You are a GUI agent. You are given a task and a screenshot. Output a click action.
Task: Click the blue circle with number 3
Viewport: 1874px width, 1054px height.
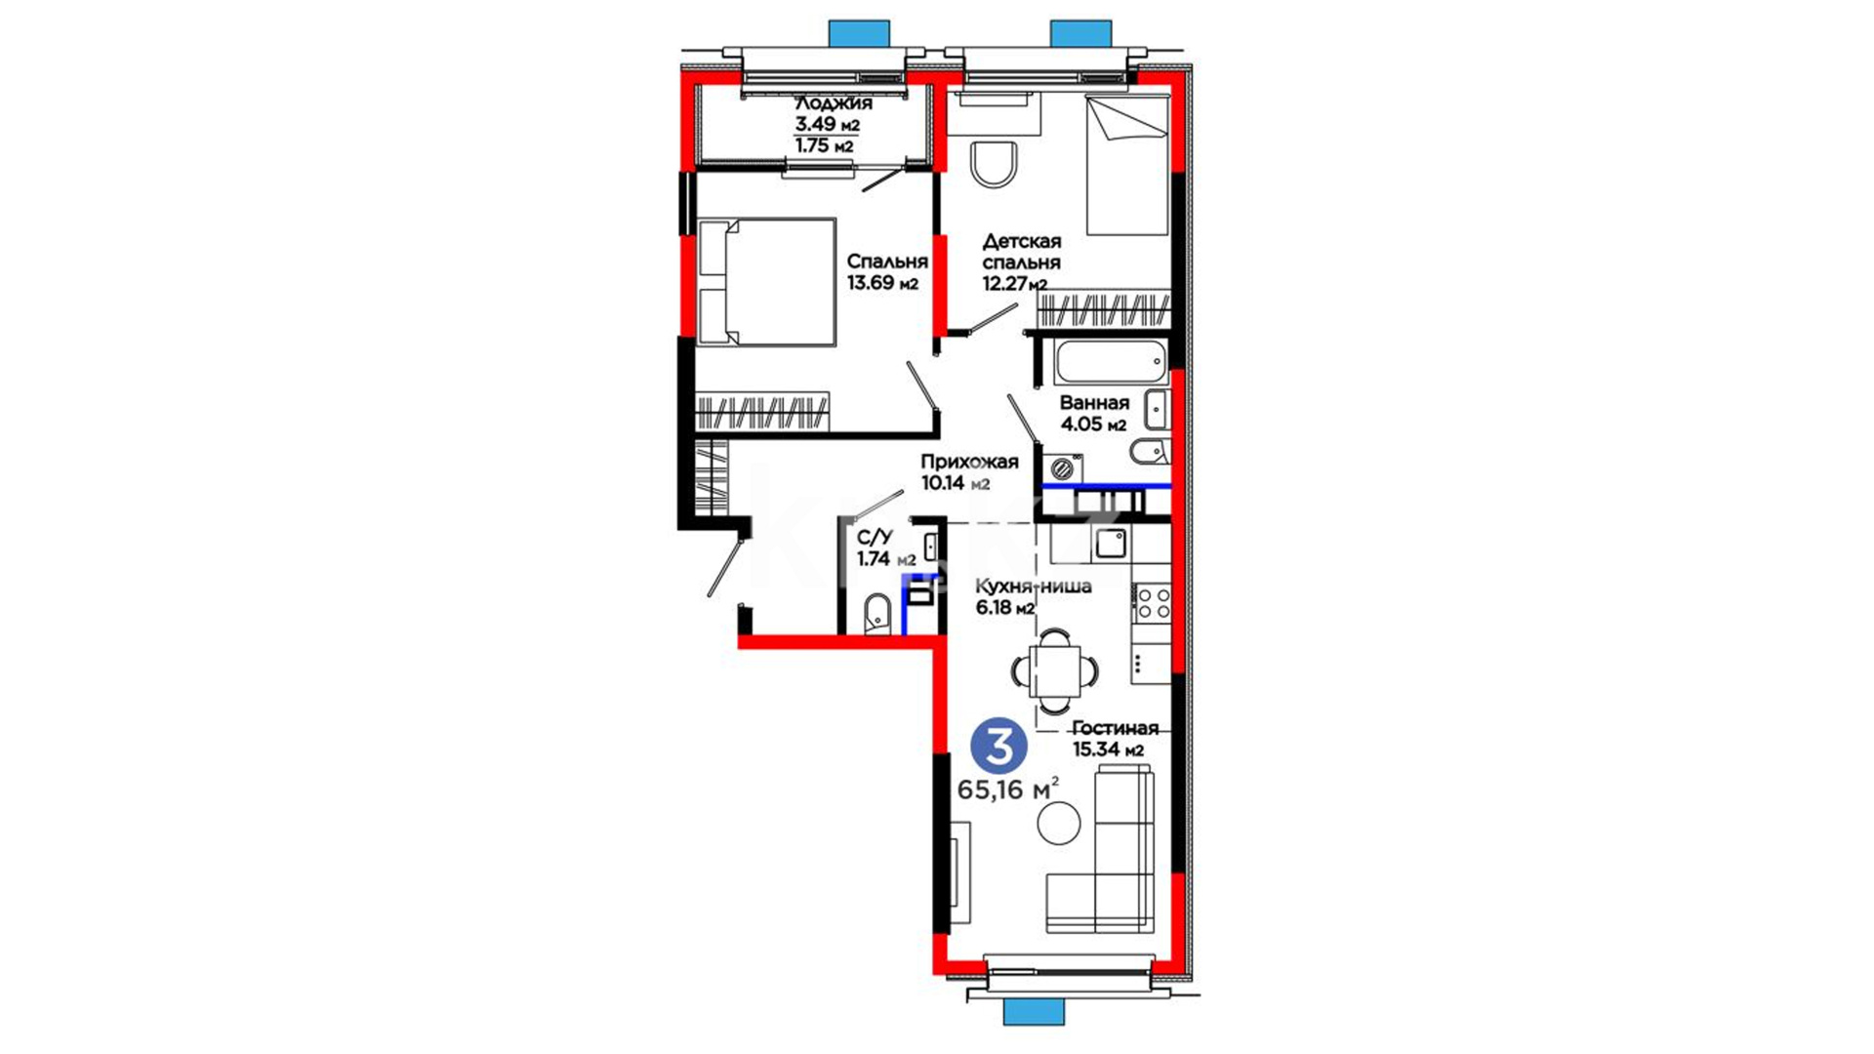pos(998,747)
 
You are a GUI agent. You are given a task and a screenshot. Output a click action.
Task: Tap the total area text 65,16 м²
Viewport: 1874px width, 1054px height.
pos(1008,789)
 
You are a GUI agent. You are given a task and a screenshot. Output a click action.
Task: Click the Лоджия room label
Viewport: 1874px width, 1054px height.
pos(833,103)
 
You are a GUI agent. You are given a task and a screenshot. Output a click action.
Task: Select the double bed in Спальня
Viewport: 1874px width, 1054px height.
pos(767,282)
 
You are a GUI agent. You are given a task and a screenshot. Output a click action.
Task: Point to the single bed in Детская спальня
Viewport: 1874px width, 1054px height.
pos(1127,165)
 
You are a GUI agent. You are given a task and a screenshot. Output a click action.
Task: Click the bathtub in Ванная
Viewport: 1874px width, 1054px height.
pos(1111,362)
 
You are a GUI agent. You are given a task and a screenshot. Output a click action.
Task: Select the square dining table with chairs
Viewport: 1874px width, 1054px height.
pos(1055,670)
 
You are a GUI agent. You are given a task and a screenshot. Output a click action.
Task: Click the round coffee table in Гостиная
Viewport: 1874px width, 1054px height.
pos(1059,824)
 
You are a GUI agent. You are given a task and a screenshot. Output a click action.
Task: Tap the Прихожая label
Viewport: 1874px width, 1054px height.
pos(969,462)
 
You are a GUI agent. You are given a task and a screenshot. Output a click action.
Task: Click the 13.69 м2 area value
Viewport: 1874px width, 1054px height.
pos(882,284)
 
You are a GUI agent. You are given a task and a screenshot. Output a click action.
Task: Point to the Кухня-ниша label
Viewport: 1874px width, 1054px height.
pos(1034,587)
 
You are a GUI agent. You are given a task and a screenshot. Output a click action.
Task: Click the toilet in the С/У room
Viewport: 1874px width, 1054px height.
pos(877,614)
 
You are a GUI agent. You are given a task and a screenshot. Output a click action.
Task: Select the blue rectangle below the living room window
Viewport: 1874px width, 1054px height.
pos(1035,1011)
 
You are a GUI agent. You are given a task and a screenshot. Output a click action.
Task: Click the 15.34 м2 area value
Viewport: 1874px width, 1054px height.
pos(1108,750)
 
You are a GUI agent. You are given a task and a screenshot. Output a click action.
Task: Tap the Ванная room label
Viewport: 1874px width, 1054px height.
pos(1094,402)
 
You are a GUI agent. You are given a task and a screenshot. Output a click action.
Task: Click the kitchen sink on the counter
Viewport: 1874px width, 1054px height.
pos(1111,543)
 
